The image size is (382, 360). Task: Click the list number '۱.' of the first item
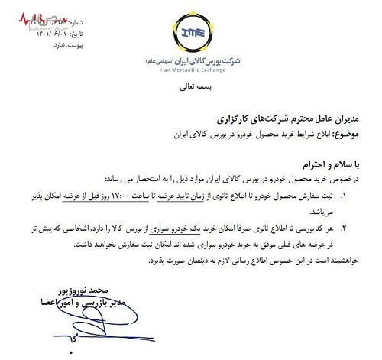coord(364,197)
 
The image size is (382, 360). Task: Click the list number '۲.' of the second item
coord(364,228)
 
